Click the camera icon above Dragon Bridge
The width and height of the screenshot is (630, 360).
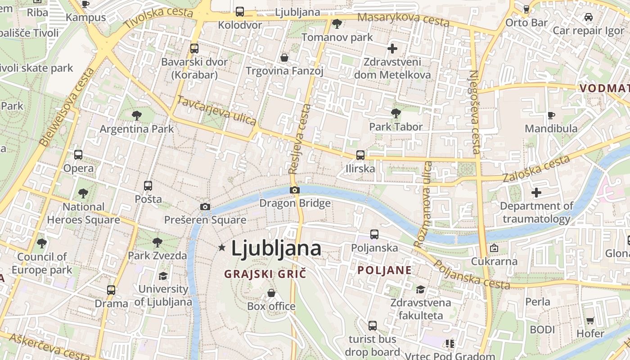coord(295,190)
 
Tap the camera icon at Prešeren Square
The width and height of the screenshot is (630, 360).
coord(205,207)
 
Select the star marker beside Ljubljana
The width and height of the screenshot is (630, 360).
coord(221,247)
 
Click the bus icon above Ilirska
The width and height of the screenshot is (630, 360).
coord(360,155)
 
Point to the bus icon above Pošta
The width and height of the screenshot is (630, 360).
coord(148,185)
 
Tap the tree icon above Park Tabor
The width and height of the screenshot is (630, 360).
coord(396,113)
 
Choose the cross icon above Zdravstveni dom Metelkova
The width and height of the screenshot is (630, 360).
coord(392,49)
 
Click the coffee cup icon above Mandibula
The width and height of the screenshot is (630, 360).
coord(551,115)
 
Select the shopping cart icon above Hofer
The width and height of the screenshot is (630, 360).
coord(590,320)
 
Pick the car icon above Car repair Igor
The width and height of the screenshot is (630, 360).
coord(588,17)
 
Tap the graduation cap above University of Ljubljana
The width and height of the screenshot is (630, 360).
coord(163,275)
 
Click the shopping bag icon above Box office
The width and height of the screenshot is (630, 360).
coord(271,293)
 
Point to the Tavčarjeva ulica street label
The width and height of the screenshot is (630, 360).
coord(216,110)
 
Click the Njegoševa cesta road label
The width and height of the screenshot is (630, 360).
coord(475,112)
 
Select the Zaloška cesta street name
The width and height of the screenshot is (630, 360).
coord(536,168)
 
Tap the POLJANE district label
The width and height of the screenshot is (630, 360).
coord(384,270)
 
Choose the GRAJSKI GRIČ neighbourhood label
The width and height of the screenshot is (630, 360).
coord(265,274)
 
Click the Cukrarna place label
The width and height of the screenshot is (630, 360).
coord(494,261)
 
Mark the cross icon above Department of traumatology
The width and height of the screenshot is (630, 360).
coord(536,193)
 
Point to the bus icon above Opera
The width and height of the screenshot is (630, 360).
coord(78,155)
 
